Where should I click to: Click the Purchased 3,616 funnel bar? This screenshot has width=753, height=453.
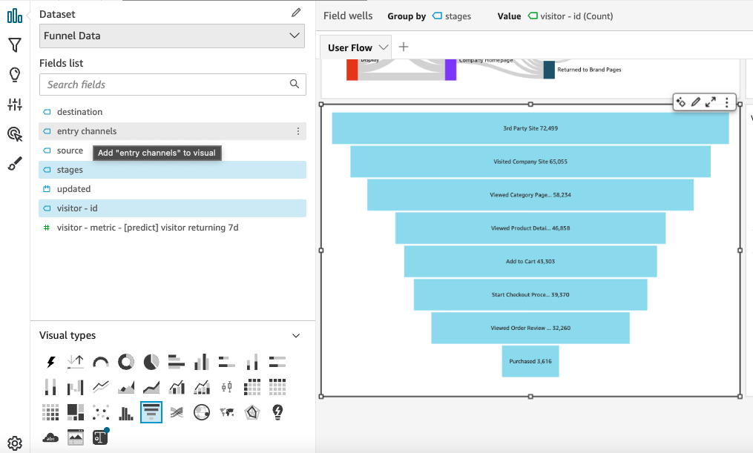coord(530,361)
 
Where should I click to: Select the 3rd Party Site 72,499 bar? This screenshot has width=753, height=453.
coord(530,128)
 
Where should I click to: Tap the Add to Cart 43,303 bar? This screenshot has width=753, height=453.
coord(530,262)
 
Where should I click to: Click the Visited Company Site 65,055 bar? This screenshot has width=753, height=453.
coord(530,161)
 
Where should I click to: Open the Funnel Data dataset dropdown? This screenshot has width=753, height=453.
coord(172,36)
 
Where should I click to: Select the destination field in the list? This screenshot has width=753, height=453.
coord(80,112)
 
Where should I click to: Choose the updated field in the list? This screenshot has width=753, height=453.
coord(73,189)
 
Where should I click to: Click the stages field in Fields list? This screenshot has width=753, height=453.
coord(70,170)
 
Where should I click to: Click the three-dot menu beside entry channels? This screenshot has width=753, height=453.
coord(298,131)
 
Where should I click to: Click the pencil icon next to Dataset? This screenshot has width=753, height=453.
coord(297,13)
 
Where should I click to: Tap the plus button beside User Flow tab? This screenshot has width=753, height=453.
coord(404,47)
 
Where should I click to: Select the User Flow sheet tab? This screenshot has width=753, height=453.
coord(350,47)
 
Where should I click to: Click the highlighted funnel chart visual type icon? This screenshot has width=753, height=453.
coord(151,411)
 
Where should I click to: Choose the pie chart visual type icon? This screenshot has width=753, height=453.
coord(151,362)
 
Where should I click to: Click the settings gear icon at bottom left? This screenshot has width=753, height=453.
coord(14,443)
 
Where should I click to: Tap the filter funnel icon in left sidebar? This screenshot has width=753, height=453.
coord(14,45)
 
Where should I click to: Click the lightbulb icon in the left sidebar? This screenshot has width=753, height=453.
coord(14,75)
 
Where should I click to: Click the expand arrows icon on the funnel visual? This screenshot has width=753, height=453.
coord(711,102)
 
